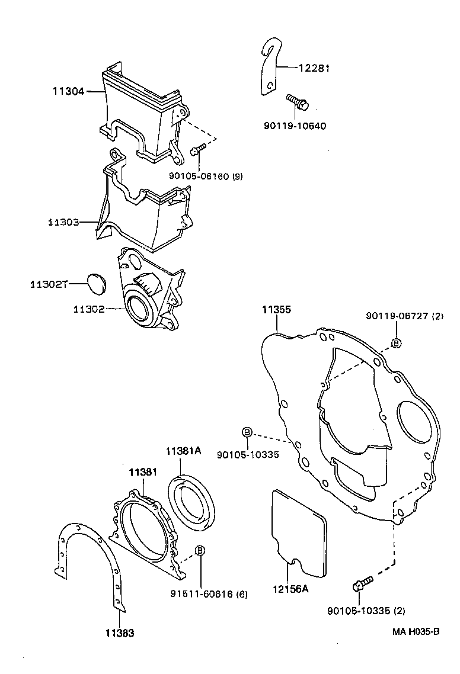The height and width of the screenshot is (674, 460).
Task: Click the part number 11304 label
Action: (x=68, y=91)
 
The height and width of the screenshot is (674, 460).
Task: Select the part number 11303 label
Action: (x=63, y=222)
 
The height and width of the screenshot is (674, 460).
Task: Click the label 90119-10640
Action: (x=295, y=126)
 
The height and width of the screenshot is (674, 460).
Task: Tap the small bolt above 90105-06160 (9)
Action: (x=197, y=149)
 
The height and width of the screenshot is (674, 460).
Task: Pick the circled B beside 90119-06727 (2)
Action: (x=396, y=343)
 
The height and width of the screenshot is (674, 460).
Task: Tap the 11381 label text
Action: (x=143, y=471)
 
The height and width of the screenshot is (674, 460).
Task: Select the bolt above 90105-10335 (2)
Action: (x=362, y=583)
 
